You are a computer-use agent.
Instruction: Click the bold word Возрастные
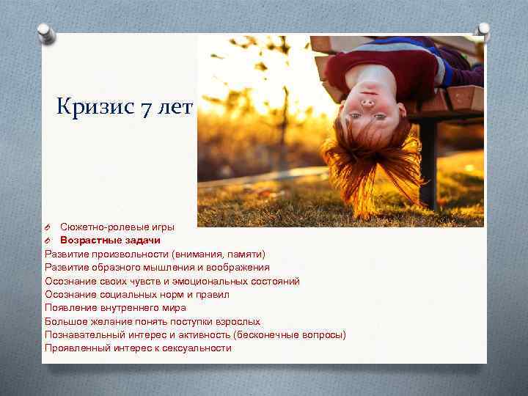pos(88,241)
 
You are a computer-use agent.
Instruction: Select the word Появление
pos(69,308)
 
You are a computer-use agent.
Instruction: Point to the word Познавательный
pos(83,334)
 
